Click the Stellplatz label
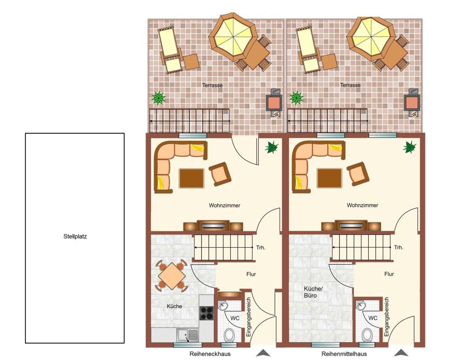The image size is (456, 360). click(75, 236)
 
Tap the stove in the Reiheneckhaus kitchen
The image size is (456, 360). click(207, 313)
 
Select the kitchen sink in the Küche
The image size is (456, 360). click(187, 335)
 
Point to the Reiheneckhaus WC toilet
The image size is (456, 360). click(229, 335)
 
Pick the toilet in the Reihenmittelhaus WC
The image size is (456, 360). click(367, 335)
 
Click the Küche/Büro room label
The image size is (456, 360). click(313, 292)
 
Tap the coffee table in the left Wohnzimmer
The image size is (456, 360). click(191, 178)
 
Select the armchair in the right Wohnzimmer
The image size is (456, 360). click(358, 174)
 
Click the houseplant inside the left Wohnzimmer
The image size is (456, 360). click(271, 147)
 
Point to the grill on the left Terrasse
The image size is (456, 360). click(274, 102)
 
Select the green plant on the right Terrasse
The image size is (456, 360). click(296, 98)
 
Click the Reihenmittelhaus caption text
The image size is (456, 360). click(344, 354)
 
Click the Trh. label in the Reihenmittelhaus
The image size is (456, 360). click(399, 248)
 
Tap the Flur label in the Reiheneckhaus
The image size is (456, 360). click(251, 274)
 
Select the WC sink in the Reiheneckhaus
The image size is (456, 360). click(223, 305)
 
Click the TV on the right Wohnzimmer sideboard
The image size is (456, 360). click(351, 225)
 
